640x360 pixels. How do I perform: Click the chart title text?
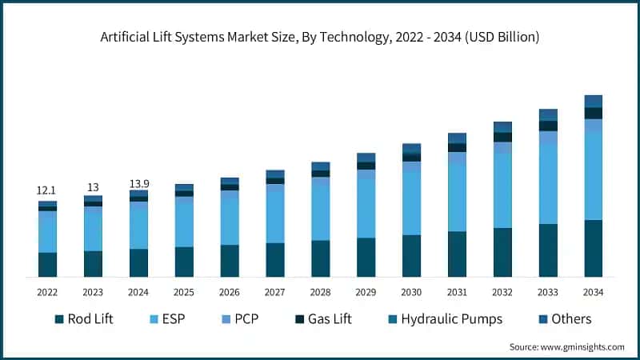320,37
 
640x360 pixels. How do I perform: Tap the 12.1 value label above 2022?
47,190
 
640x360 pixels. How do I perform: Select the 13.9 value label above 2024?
138,184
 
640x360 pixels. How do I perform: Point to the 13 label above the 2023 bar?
93,187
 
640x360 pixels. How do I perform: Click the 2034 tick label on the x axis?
593,292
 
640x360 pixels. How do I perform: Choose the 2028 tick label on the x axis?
320,292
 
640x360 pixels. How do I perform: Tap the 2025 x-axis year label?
184,292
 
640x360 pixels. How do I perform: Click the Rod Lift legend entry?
83,319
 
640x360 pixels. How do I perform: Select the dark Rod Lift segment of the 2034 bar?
593,249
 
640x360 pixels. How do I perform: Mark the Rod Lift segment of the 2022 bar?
47,265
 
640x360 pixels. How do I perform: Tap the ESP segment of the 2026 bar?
230,218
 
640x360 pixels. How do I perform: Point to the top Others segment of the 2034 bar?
593,101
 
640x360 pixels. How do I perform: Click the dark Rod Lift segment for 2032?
502,253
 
